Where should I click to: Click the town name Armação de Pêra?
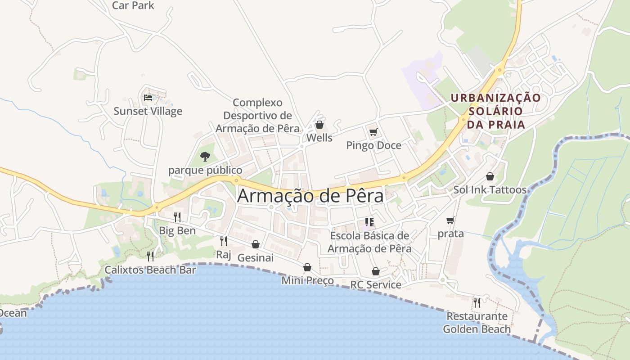[310, 196]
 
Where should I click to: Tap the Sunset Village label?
[148, 111]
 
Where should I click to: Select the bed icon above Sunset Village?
[148, 97]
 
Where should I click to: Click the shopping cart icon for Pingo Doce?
[373, 132]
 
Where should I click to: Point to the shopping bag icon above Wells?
[319, 125]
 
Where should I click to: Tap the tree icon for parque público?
[205, 157]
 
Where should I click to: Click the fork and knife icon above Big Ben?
[177, 217]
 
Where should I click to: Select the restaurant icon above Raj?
[223, 241]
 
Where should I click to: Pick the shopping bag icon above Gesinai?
[255, 244]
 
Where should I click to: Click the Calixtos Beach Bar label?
[150, 270]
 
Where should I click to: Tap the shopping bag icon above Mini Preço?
[307, 267]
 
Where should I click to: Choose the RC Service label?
[376, 284]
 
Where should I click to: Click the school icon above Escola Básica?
[369, 222]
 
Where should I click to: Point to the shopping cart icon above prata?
[450, 220]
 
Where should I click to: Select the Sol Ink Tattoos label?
[490, 190]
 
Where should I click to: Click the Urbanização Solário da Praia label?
[496, 111]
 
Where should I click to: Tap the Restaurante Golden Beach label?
[477, 323]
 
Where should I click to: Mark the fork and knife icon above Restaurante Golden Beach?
[477, 302]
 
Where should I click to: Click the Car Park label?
[133, 5]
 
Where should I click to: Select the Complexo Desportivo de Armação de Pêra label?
[257, 116]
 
